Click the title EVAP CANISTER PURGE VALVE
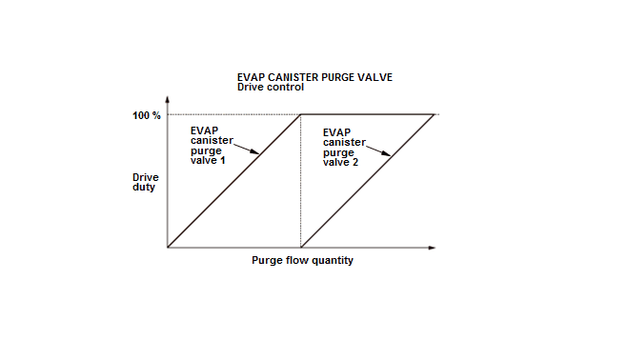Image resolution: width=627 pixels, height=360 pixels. pos(314,77)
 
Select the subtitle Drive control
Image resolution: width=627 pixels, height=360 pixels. pos(271,87)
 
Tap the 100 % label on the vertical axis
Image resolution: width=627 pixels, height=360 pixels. pos(147,115)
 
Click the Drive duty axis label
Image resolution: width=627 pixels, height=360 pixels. pos(146,182)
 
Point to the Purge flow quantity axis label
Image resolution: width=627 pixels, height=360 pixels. pos(302,260)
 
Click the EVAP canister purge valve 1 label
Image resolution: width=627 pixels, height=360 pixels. pos(212,146)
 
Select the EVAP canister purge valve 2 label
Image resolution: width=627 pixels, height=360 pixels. pos(344,148)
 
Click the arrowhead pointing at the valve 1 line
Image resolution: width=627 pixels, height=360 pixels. pos(254,151)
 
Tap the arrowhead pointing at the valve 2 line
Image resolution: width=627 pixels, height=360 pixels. pos(386,153)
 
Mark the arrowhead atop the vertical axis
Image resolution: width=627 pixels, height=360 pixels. pos(168,99)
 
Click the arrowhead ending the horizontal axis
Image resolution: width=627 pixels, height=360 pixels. pos(432,248)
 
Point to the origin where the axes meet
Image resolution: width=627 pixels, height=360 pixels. pos(168,248)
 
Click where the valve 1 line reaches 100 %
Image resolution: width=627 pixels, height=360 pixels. pos(301,114)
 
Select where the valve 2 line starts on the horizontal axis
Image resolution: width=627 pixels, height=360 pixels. pos(301,248)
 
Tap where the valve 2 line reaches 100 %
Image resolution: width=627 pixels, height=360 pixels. pos(434,114)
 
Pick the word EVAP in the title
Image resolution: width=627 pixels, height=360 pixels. pos(252,77)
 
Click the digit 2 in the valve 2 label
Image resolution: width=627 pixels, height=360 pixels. pos(355,162)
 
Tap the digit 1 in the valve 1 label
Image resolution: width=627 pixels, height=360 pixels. pos(222,160)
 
